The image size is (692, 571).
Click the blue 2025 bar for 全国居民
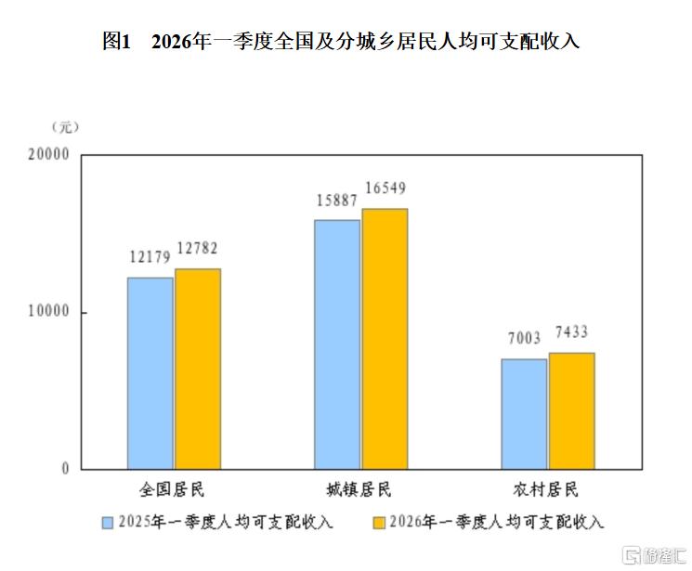pos(150,372)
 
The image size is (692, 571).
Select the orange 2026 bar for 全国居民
pos(198,369)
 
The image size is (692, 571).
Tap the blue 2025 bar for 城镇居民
pos(337,344)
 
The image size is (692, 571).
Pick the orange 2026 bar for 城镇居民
pos(385,339)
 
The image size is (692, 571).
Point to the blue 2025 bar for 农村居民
pos(525,413)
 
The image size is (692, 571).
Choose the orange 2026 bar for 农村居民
pos(572,410)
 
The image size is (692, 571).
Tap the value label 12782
pos(197,249)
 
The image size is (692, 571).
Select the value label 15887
pos(337,200)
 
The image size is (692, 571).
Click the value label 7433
pos(572,332)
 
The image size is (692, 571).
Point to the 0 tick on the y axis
pos(66,469)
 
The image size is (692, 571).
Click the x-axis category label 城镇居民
pos(359,489)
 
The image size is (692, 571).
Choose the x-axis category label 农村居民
pos(548,489)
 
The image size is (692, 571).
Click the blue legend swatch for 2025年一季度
pos(108,522)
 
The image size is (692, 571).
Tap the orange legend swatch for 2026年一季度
pos(378,522)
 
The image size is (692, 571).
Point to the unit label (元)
pos(67,125)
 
